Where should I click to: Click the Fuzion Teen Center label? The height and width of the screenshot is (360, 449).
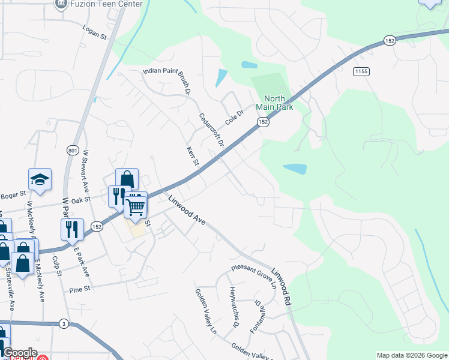[107, 4]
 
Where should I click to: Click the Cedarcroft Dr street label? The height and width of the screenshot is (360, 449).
[211, 131]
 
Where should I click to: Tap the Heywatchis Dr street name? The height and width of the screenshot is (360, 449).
[234, 308]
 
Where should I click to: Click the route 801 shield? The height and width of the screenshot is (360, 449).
[73, 150]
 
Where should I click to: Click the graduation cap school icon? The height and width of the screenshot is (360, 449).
[40, 179]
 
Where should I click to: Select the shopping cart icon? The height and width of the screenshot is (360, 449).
[136, 206]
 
